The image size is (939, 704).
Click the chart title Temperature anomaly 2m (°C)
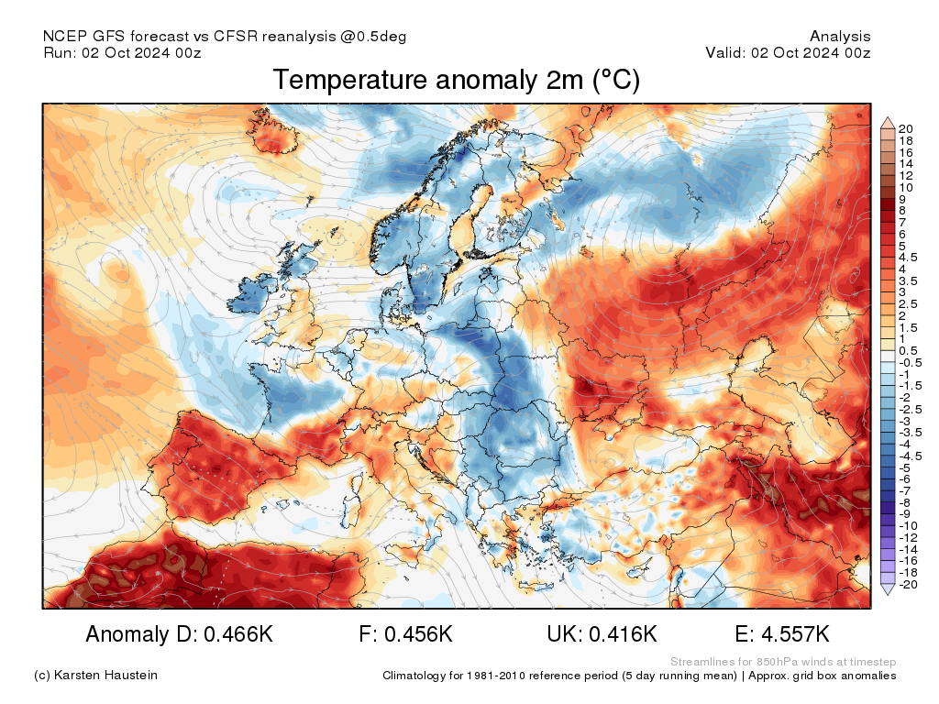point(456,81)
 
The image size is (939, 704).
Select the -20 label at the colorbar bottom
point(909,585)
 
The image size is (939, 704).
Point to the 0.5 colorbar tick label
point(908,350)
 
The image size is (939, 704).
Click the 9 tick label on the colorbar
point(902,199)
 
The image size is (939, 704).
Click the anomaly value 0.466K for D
point(230,634)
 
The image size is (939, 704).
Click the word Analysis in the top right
point(840,37)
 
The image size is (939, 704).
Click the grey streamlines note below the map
point(783,662)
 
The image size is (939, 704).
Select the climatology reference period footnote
point(639,676)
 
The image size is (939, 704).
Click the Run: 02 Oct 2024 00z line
point(122,52)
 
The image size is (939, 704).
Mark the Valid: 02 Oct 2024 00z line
point(788,52)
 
